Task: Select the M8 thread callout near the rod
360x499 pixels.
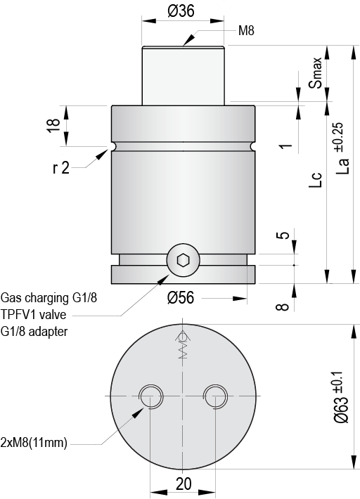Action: pos(245,30)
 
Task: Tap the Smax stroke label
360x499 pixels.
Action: pos(318,73)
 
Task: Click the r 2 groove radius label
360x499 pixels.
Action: pos(61,169)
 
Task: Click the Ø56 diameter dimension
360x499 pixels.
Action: pos(181,298)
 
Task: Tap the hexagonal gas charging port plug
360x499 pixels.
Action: pos(183,261)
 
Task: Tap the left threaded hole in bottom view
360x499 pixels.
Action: pos(150,396)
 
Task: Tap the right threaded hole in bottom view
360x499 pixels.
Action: pos(214,396)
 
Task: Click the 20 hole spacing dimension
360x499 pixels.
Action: pos(182,485)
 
